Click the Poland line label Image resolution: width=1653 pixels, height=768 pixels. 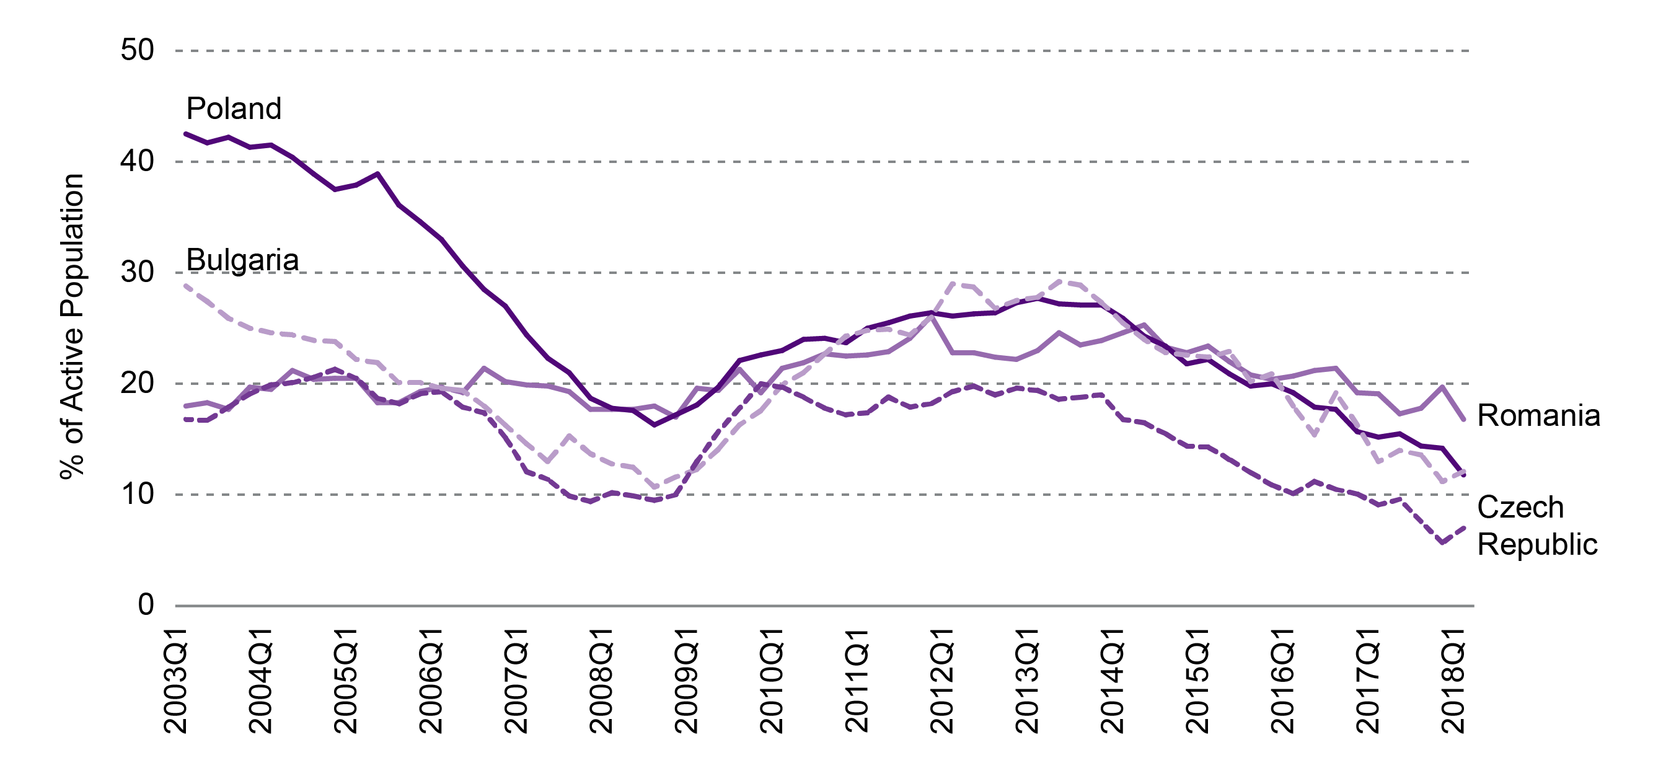click(x=234, y=109)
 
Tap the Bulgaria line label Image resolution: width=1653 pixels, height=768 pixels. click(x=242, y=260)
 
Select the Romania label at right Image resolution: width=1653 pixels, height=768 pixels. click(x=1538, y=416)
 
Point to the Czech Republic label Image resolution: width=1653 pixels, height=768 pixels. click(x=1537, y=526)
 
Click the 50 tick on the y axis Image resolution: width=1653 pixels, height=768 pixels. click(x=138, y=51)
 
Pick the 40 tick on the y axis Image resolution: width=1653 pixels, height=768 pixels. click(x=138, y=162)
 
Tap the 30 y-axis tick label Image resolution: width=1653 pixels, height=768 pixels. click(x=138, y=273)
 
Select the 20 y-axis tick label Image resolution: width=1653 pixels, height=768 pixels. click(x=138, y=384)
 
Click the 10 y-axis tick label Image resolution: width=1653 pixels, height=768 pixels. click(x=138, y=495)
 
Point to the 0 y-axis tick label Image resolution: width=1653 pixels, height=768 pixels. click(x=146, y=605)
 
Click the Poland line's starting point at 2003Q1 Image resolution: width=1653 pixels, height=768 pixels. click(x=185, y=134)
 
